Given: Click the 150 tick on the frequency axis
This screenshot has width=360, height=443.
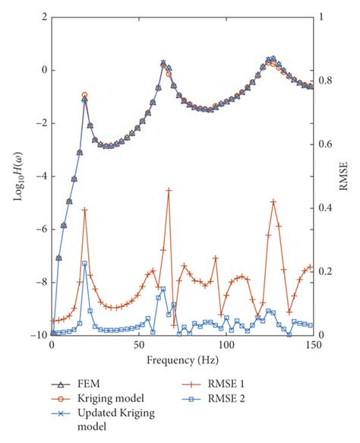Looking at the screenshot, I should pos(312,344).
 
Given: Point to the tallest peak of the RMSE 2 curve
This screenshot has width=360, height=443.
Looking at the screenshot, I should pos(84,263).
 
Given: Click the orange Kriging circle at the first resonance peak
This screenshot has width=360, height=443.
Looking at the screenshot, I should pos(84,95).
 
